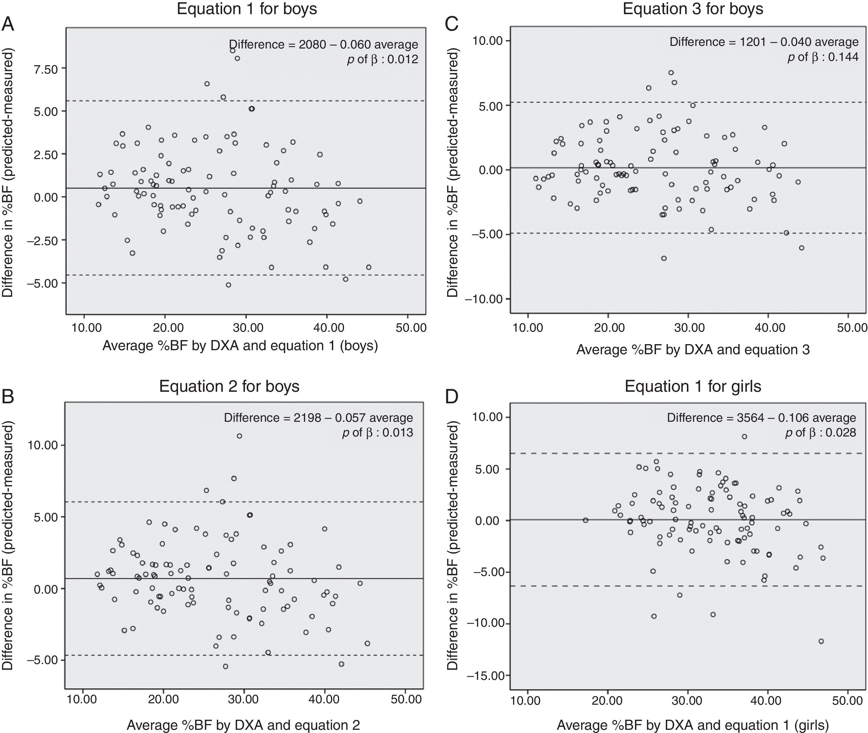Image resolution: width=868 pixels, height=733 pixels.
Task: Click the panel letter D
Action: point(451,397)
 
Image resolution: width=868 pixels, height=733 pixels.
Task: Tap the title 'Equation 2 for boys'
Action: point(229,387)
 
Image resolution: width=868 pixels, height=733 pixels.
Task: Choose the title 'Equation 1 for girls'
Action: point(693,387)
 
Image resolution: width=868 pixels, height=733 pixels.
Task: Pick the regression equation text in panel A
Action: point(324,44)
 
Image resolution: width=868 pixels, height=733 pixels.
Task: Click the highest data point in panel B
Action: point(239,436)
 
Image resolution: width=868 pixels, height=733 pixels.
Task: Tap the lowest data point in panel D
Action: point(821,641)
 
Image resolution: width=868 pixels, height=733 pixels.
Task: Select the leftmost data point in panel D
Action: point(585,520)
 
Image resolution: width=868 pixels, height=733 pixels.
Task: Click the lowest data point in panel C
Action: point(664,258)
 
